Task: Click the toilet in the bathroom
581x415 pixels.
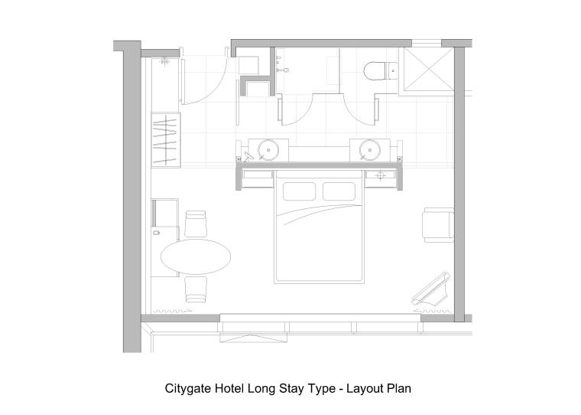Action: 380,71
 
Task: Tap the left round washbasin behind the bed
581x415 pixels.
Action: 268,150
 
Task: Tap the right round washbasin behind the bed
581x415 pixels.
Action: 369,150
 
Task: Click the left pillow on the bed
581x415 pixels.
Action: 299,191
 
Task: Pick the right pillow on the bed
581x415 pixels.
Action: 339,191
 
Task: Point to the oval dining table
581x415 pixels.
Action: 196,257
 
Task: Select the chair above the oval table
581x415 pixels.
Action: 196,224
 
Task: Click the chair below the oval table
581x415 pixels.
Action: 196,289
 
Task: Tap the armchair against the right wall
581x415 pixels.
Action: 439,225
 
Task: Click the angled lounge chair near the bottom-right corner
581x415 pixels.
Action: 432,289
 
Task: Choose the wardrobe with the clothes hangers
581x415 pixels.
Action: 166,140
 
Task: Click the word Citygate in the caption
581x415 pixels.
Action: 187,389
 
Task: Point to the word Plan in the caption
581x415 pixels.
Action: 399,389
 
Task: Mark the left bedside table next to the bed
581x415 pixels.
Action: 258,178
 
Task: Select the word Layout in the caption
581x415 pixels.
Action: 364,389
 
